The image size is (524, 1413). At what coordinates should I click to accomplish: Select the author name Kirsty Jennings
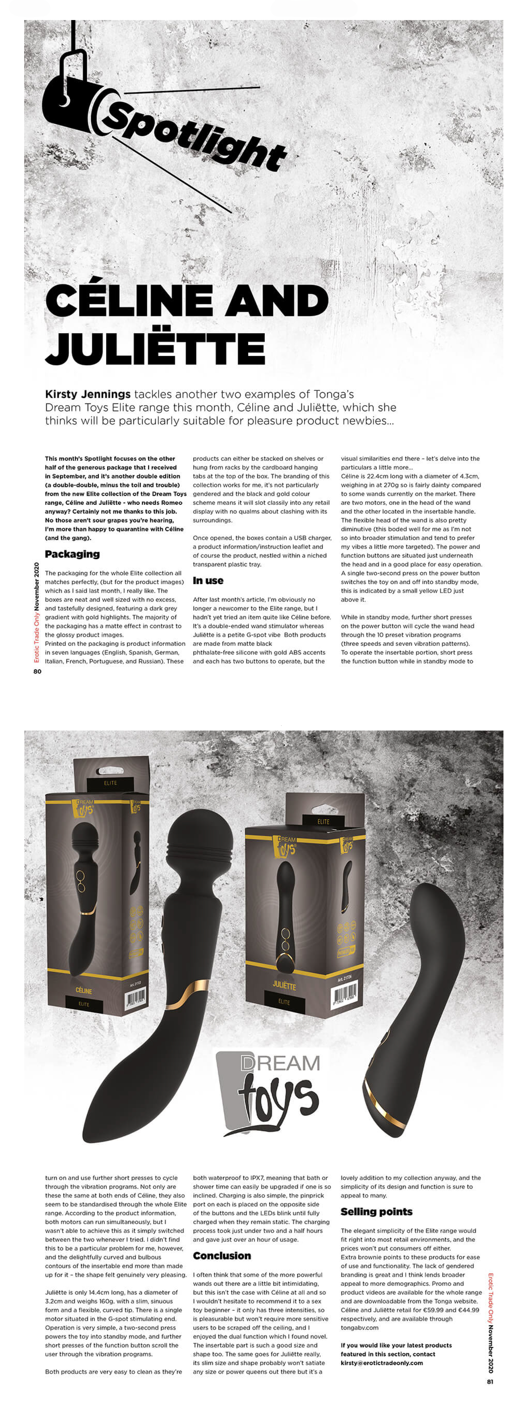[88, 394]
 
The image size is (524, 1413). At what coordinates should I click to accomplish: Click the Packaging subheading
[72, 554]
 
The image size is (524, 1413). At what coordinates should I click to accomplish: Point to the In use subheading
[208, 580]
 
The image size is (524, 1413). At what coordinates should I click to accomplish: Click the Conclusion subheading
[222, 1256]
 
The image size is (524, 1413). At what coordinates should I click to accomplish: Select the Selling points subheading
[376, 1212]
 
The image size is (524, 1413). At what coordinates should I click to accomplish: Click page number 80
[37, 671]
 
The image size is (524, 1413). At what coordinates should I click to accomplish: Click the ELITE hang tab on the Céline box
[110, 783]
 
